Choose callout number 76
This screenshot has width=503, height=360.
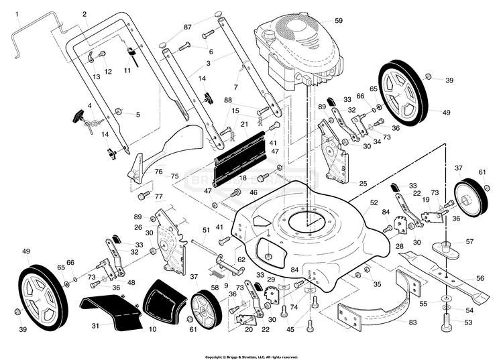click(x=159, y=172)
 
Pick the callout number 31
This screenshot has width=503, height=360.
click(x=95, y=326)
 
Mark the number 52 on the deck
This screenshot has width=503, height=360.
click(x=374, y=202)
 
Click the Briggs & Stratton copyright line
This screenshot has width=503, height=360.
click(x=251, y=357)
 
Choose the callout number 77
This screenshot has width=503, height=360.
click(x=159, y=196)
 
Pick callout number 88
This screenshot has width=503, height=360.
click(x=228, y=101)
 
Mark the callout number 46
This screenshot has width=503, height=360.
click(x=254, y=192)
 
